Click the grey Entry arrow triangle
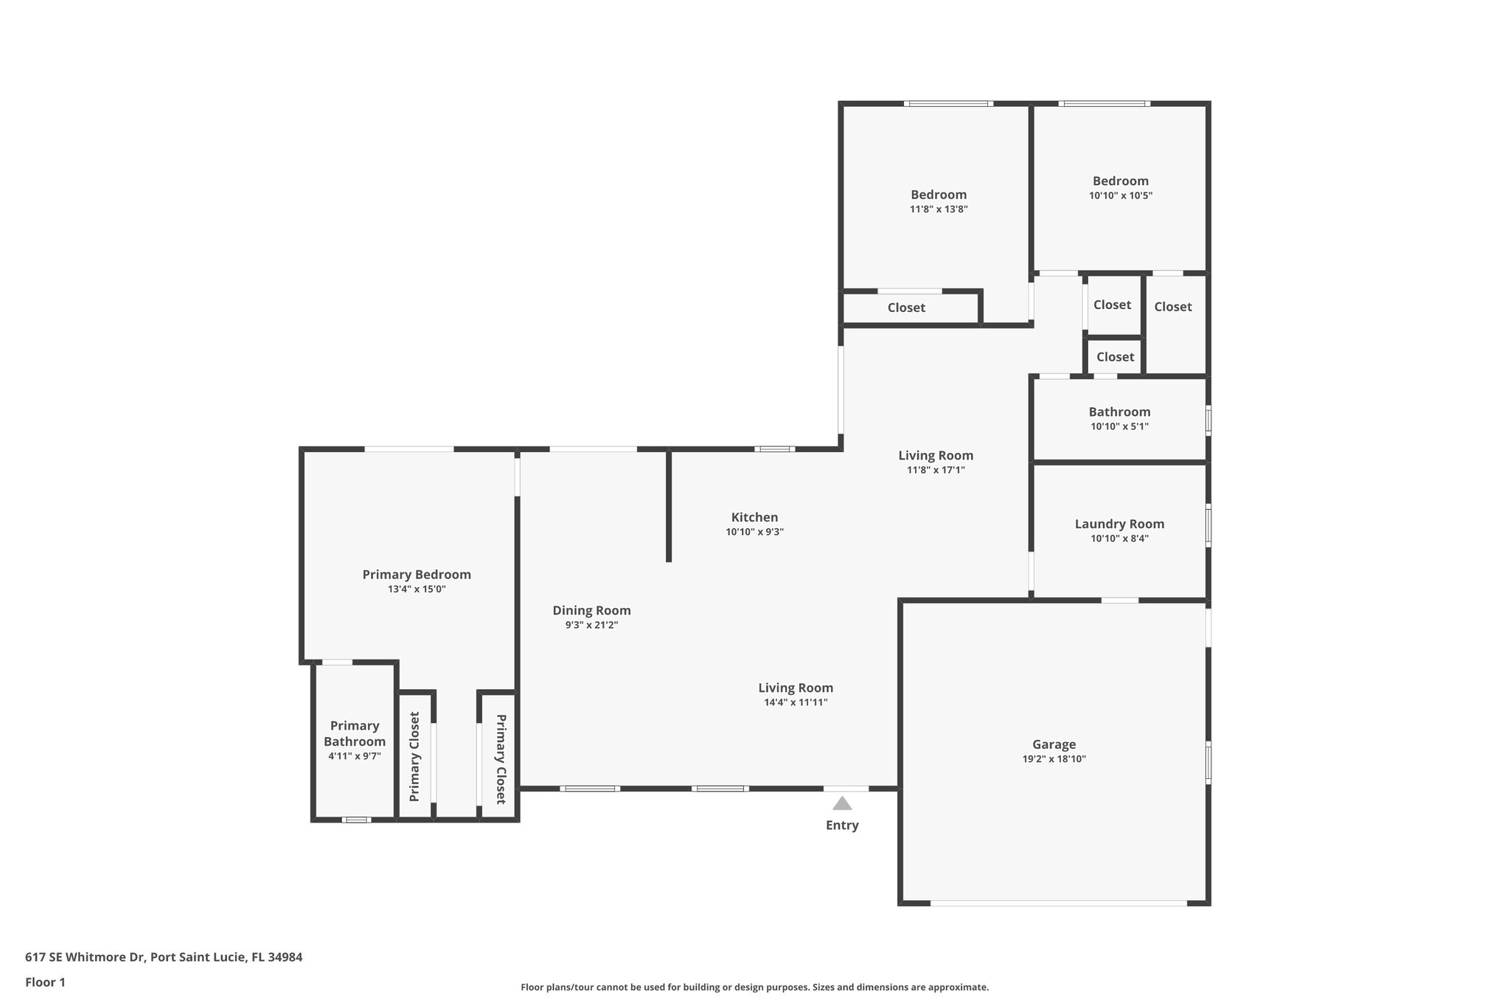pos(842,803)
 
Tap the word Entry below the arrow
pos(842,826)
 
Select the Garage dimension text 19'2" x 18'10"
pos(1054,759)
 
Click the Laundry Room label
pos(1119,524)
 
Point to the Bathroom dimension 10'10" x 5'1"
pos(1119,426)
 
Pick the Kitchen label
pos(754,517)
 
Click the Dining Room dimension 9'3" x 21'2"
pos(591,625)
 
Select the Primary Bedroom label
pos(417,575)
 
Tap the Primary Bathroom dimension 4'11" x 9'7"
pos(355,756)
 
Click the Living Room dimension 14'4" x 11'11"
pos(796,702)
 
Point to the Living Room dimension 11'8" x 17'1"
pos(936,470)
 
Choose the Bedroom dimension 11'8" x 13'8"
pos(939,210)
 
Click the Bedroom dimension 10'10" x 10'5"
pos(1120,195)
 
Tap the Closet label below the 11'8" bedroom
pos(906,308)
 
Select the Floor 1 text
pos(45,982)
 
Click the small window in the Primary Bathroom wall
pos(357,820)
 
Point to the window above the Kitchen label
pos(774,449)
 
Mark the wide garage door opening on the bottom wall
pos(1058,903)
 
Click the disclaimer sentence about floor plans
pos(754,987)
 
